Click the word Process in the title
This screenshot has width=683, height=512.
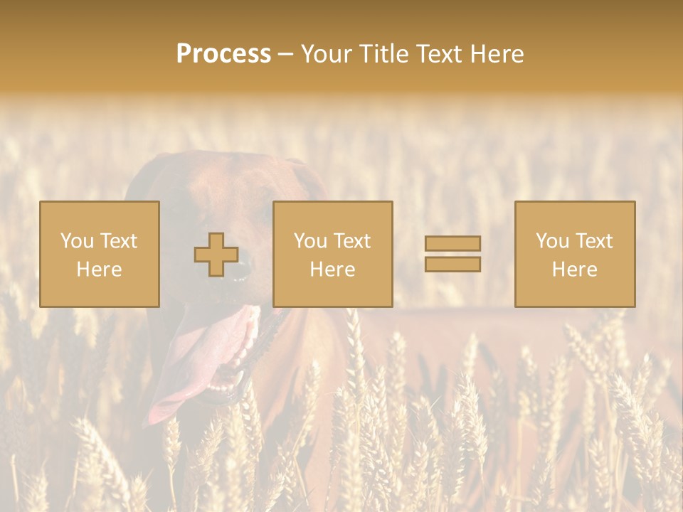[223, 54]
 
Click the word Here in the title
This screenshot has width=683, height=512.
[497, 54]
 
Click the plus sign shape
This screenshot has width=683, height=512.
[216, 255]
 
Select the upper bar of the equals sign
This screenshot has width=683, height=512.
[452, 243]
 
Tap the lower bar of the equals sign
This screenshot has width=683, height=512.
[452, 264]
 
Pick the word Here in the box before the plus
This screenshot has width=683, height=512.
[99, 270]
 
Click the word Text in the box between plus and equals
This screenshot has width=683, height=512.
[352, 241]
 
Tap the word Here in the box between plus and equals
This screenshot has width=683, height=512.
[332, 270]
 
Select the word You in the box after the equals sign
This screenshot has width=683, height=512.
[552, 241]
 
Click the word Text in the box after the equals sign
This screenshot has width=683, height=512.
[594, 241]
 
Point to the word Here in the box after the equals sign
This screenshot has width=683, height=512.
[574, 270]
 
